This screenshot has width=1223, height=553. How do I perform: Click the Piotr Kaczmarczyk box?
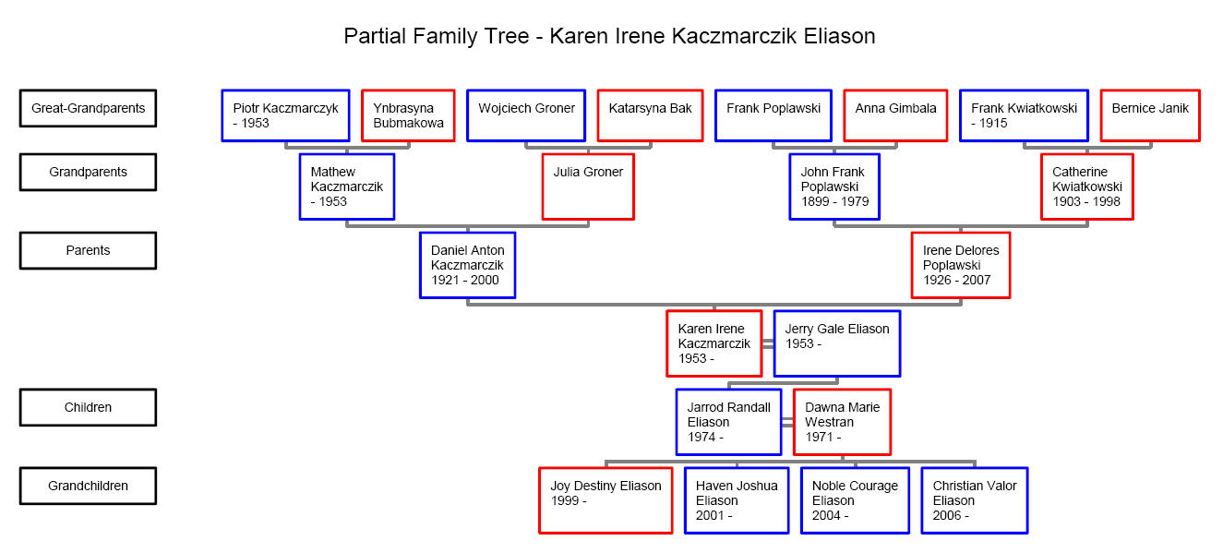(x=285, y=115)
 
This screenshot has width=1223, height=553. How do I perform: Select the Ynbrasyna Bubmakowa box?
(x=408, y=115)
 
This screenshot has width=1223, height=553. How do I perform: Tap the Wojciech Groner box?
(x=526, y=115)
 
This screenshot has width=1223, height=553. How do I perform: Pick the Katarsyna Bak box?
(x=650, y=115)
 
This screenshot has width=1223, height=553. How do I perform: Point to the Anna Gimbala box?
(x=895, y=115)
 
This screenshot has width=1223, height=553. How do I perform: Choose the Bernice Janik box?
(x=1150, y=115)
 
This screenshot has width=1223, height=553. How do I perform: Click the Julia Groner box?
(x=588, y=186)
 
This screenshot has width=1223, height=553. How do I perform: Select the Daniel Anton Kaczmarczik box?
(x=467, y=265)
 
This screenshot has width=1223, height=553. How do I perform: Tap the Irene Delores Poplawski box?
(x=961, y=265)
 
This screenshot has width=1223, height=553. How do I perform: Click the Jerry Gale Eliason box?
(x=837, y=343)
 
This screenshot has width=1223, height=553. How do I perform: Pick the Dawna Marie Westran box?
(x=843, y=422)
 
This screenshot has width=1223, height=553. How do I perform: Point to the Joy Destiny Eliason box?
(x=606, y=500)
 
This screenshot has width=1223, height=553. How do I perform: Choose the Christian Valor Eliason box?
(x=975, y=500)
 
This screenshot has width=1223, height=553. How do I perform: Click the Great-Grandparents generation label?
(x=88, y=108)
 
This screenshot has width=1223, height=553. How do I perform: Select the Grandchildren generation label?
(x=88, y=486)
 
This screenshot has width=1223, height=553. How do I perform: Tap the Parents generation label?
(x=88, y=250)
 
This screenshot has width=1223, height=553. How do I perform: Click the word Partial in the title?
(x=375, y=36)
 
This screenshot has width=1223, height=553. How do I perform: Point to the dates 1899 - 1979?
(x=834, y=201)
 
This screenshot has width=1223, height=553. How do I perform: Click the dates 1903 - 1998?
(x=1086, y=201)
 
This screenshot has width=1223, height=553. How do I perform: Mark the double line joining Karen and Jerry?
(x=768, y=343)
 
